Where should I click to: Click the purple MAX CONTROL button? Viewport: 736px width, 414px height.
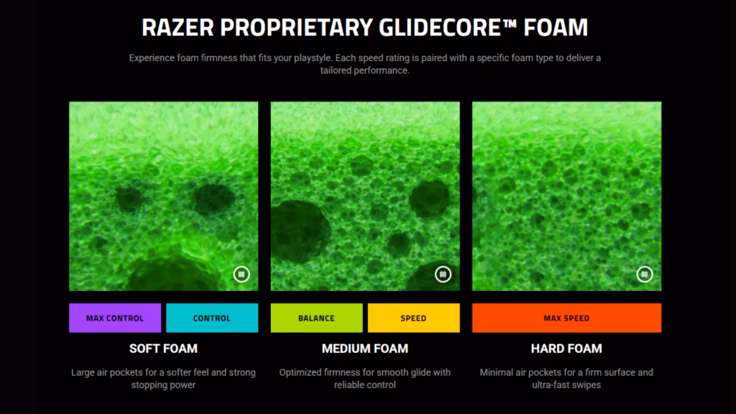coord(115,318)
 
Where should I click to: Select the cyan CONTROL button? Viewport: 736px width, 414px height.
coord(212,318)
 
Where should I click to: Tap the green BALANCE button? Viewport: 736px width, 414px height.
coord(316,318)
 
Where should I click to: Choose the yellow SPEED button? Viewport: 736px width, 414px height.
coord(413,318)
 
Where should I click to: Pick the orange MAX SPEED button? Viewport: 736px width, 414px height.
coord(566,318)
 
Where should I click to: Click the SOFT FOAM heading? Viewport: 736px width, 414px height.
coord(163,349)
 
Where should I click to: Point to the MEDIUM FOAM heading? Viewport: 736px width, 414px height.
coord(365,349)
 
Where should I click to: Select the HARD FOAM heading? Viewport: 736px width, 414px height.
coord(566,349)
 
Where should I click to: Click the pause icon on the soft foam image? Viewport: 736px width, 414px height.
coord(241,274)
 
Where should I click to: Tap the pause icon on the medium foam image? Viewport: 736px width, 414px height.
coord(443,274)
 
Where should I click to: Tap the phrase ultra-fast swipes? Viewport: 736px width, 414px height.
coord(566,385)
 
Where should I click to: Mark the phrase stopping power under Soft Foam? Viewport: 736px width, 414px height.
coord(163,385)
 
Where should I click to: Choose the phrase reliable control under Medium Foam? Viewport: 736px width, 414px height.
coord(365,385)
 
